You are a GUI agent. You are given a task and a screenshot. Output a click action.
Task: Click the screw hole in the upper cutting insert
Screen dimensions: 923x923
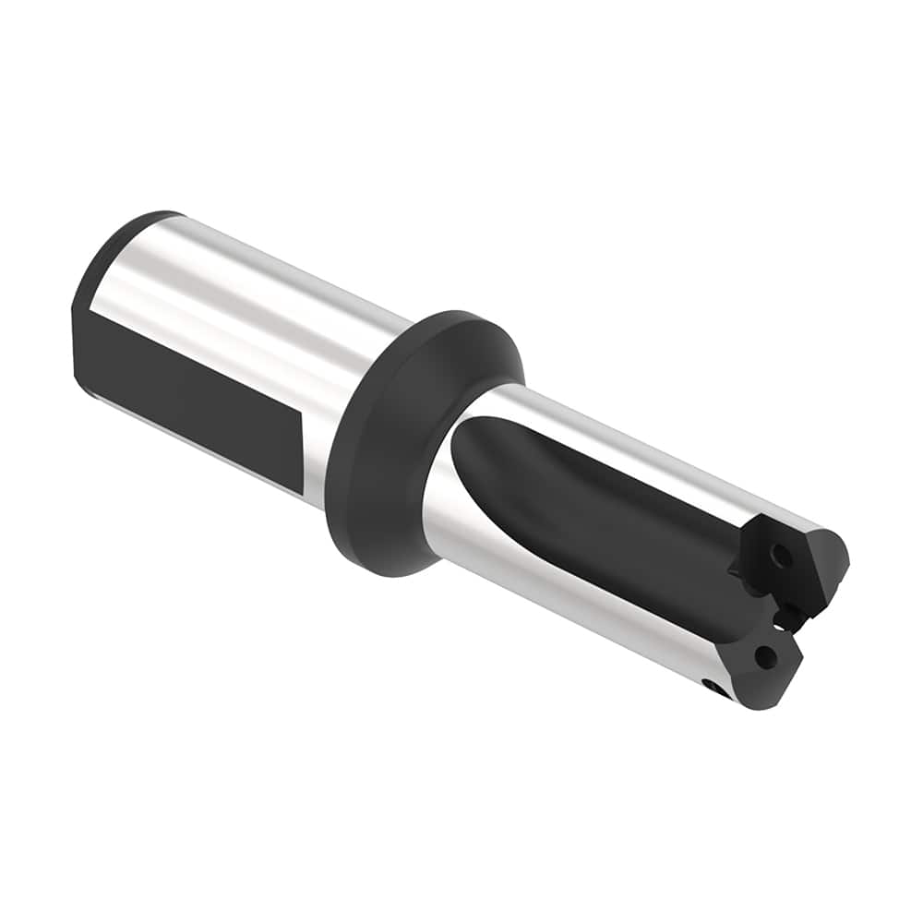point(782,557)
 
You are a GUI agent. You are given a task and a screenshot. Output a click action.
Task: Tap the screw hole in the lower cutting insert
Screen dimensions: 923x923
point(764,656)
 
